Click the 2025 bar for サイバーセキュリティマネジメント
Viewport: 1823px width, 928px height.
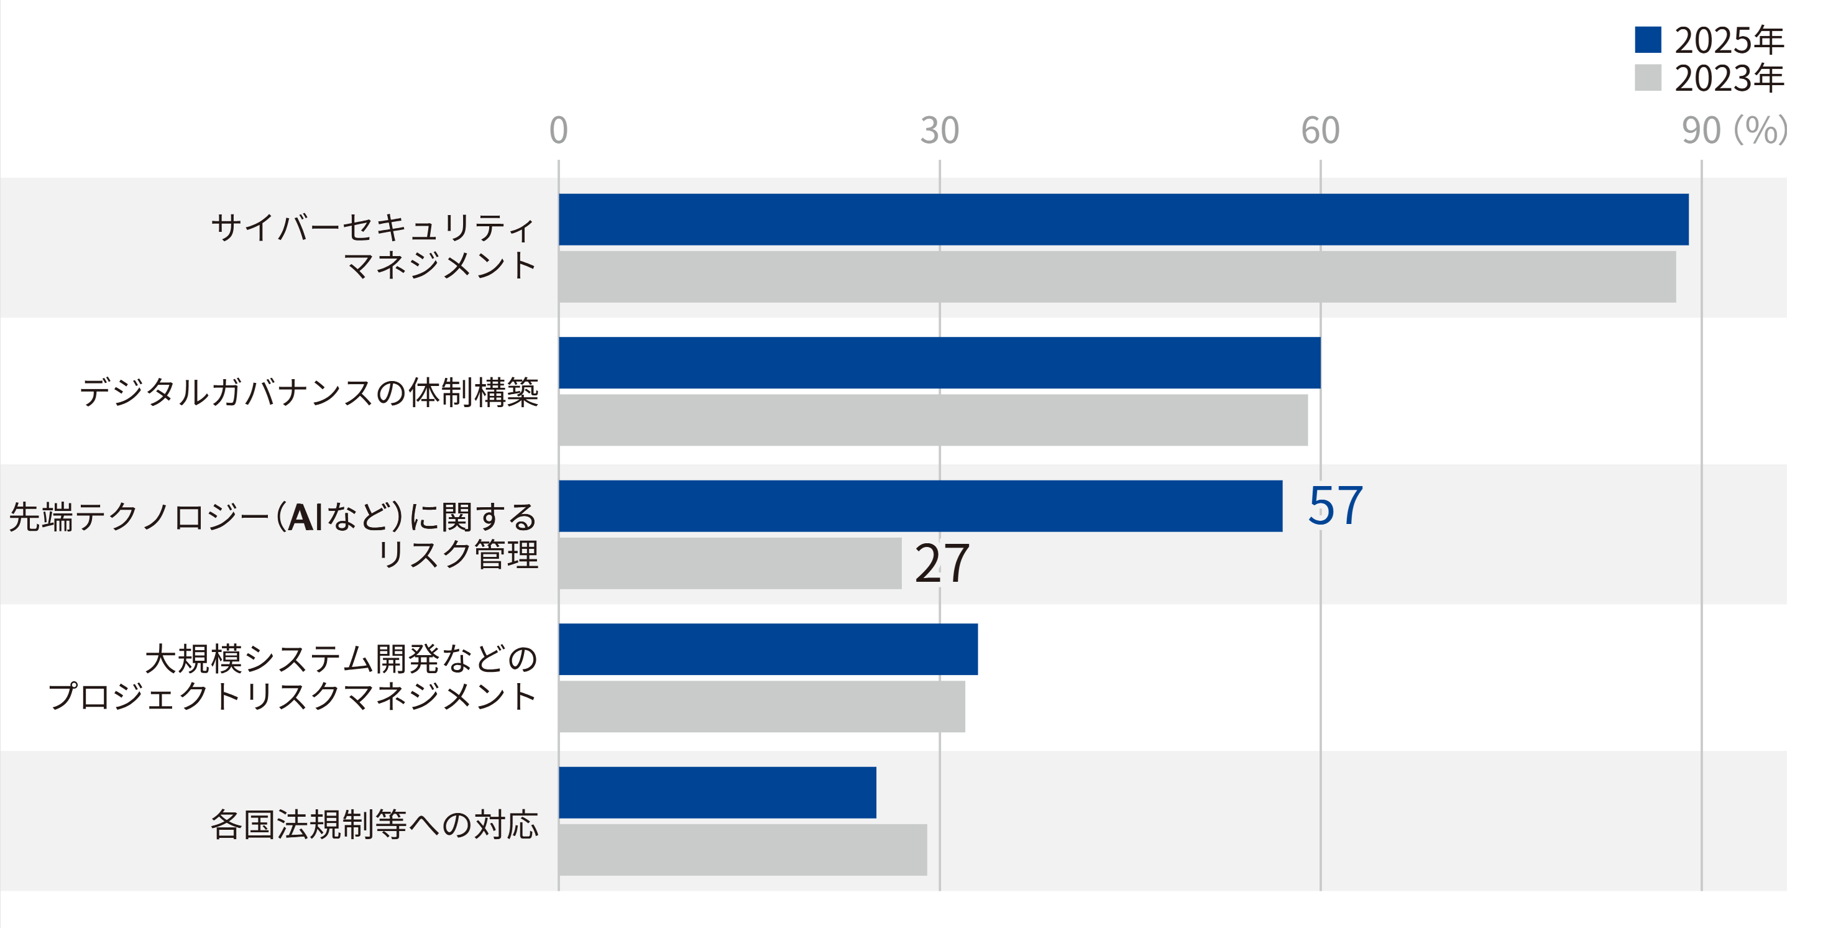pyautogui.click(x=1123, y=219)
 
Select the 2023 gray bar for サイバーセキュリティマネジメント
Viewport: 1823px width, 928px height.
pyautogui.click(x=1117, y=277)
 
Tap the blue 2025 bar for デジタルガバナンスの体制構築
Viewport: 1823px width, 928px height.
pyautogui.click(x=939, y=362)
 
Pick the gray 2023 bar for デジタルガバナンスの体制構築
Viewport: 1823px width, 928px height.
pyautogui.click(x=933, y=420)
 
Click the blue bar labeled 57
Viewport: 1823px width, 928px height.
pyautogui.click(x=920, y=506)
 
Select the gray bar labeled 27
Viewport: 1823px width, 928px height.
pyautogui.click(x=730, y=564)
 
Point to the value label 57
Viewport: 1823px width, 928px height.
pyautogui.click(x=1334, y=506)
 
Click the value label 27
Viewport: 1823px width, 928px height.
pyautogui.click(x=942, y=564)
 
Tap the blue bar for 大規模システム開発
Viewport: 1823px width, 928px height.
pyautogui.click(x=768, y=649)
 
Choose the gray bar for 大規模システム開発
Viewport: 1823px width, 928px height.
pyautogui.click(x=761, y=707)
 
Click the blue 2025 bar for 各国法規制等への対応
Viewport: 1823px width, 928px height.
pyautogui.click(x=717, y=792)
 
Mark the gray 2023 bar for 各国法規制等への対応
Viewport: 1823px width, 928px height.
pyautogui.click(x=742, y=850)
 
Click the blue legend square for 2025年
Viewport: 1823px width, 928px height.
pyautogui.click(x=1648, y=40)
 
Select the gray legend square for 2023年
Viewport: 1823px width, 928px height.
pyautogui.click(x=1648, y=78)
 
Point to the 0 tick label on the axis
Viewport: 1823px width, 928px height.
pyautogui.click(x=558, y=131)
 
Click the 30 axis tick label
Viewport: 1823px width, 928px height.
pyautogui.click(x=939, y=131)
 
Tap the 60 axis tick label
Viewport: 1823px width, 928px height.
pyautogui.click(x=1320, y=131)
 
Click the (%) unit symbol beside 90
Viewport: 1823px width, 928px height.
pyautogui.click(x=1761, y=131)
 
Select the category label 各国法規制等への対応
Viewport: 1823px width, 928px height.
pyautogui.click(x=374, y=825)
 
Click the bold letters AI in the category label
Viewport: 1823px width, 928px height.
pyautogui.click(x=305, y=517)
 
